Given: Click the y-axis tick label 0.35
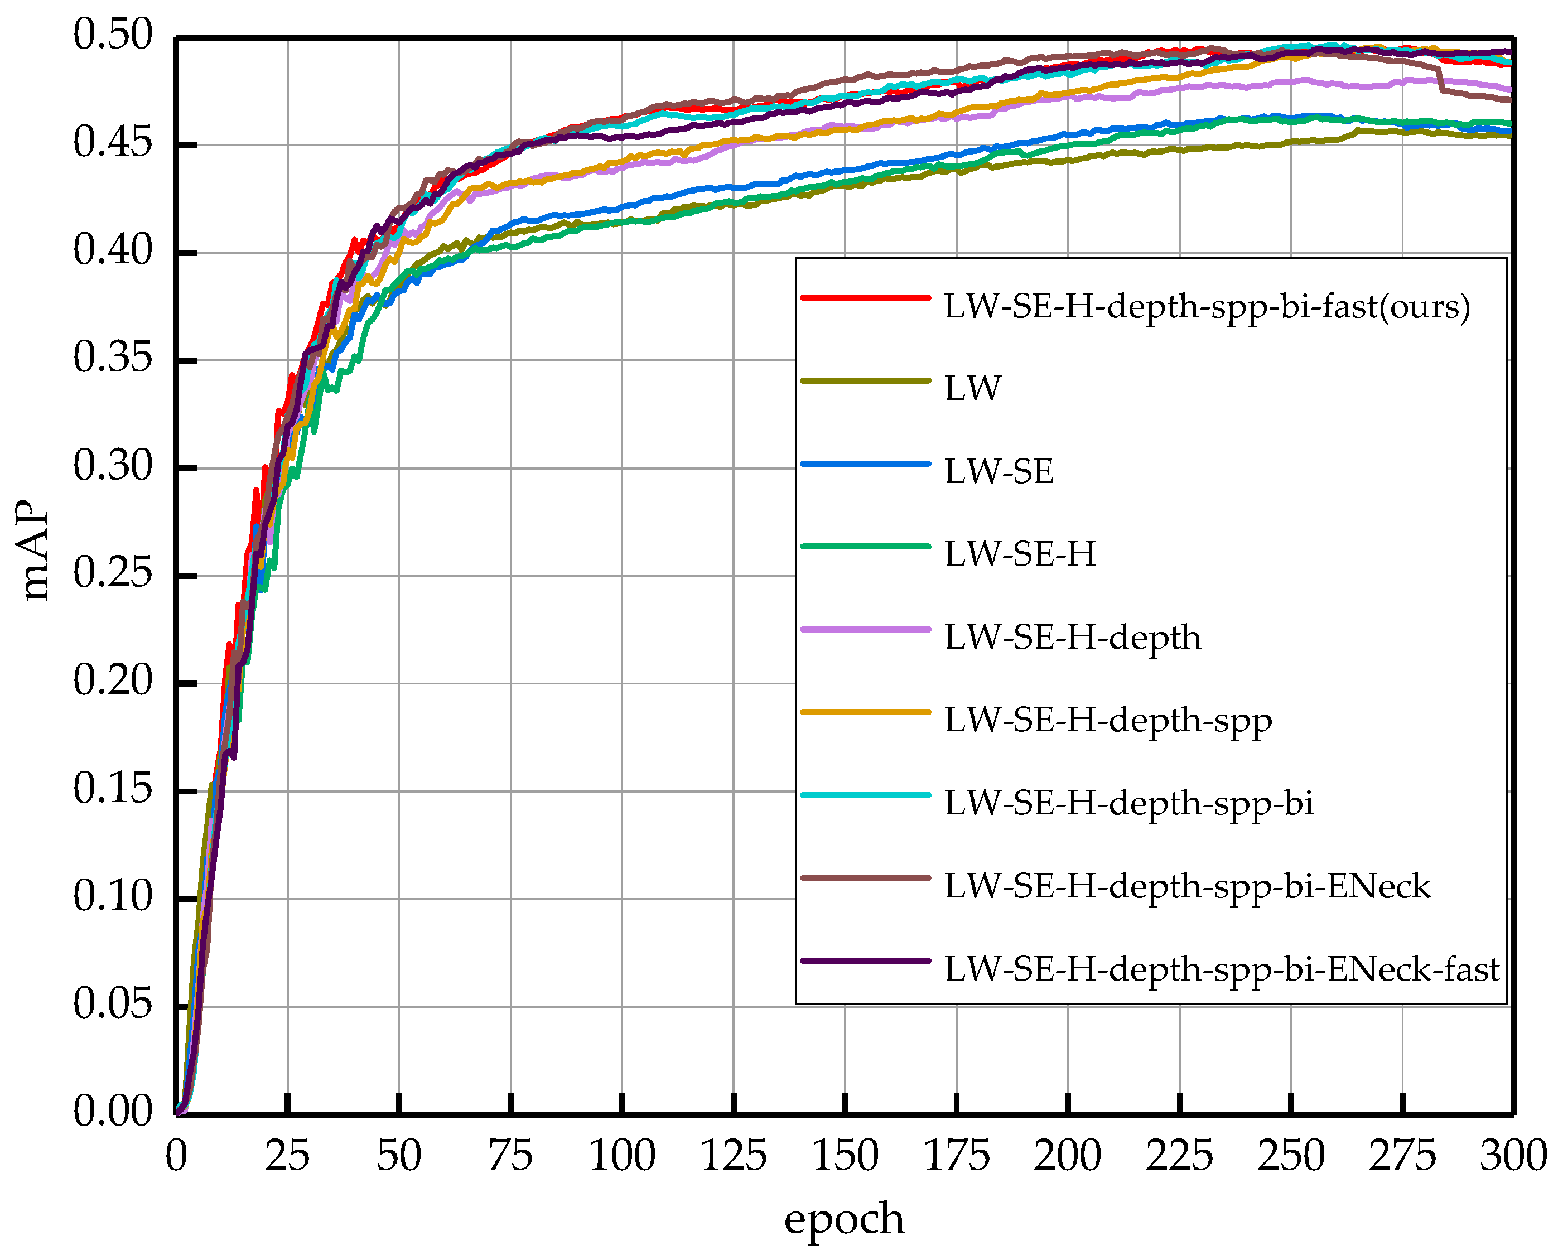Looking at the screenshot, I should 113,359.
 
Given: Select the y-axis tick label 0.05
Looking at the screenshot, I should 113,1005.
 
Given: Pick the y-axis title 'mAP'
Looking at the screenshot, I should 34,551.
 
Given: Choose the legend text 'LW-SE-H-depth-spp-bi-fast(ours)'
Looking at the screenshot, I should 1207,307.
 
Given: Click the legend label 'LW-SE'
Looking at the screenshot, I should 999,472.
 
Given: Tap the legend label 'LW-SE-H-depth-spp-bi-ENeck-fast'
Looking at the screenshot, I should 1222,969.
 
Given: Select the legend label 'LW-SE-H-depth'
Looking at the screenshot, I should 1073,638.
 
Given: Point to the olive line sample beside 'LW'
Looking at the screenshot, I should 865,380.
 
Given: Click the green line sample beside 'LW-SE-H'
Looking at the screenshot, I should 865,547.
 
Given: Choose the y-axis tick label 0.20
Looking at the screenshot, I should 113,682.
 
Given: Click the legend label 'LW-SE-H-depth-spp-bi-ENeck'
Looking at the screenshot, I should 1187,887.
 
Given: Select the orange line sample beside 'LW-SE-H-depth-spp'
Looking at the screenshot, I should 865,712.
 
